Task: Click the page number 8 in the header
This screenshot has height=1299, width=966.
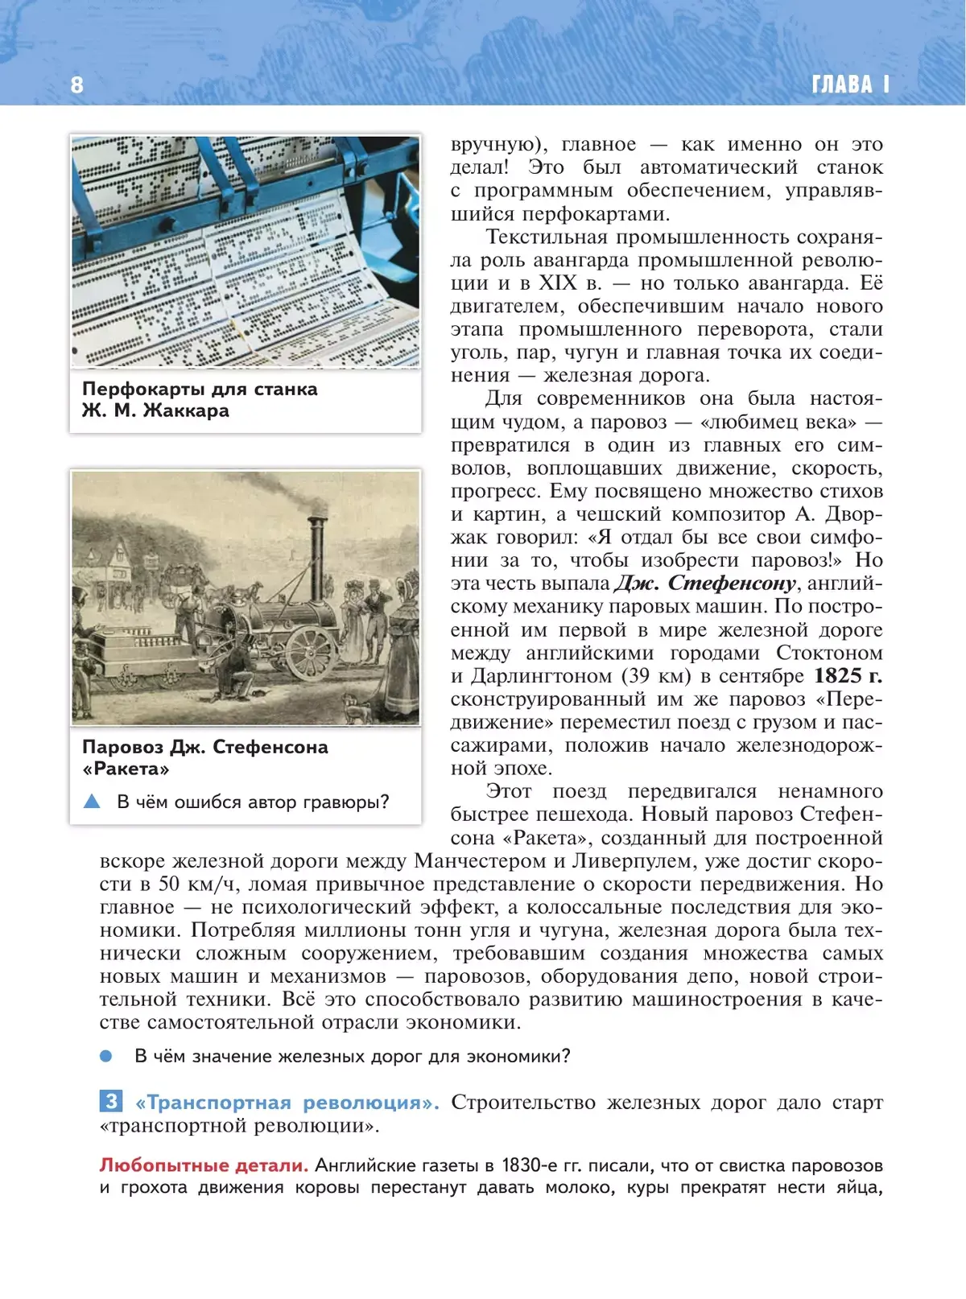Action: [x=76, y=85]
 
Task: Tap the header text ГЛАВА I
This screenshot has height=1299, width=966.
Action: [x=850, y=85]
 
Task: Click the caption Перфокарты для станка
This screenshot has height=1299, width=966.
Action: [x=200, y=389]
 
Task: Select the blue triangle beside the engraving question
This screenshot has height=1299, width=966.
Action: [x=92, y=802]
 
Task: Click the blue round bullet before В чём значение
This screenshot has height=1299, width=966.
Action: [x=106, y=1056]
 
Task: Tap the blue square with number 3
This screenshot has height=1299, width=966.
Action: [x=110, y=1101]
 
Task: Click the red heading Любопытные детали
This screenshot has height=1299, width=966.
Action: [x=204, y=1165]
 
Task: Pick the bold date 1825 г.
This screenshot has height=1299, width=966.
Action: [x=848, y=676]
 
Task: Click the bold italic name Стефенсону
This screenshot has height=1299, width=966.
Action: [x=732, y=583]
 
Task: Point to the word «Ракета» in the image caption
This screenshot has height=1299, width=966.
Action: [x=126, y=769]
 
